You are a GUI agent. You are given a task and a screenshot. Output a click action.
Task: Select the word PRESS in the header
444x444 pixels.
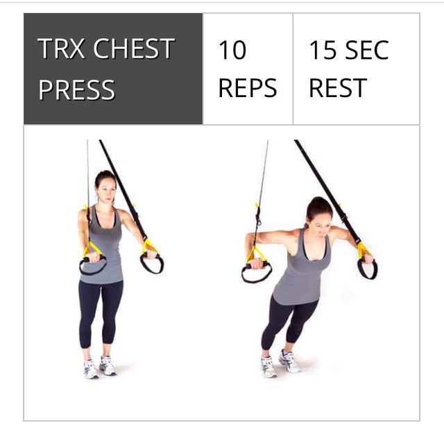(76, 89)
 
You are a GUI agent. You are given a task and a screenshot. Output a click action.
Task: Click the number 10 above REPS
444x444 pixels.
(232, 50)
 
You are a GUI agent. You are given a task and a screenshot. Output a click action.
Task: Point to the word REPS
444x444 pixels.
(247, 89)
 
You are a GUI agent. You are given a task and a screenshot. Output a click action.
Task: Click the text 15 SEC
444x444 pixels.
(348, 50)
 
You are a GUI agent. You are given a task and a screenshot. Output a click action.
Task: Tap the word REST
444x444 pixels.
(337, 89)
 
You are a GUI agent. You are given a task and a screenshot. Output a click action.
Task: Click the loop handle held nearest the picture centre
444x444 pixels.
(151, 262)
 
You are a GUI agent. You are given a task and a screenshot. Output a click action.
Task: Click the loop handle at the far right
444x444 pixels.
(367, 268)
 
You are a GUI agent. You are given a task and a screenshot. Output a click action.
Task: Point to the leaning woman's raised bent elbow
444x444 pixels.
(250, 239)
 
